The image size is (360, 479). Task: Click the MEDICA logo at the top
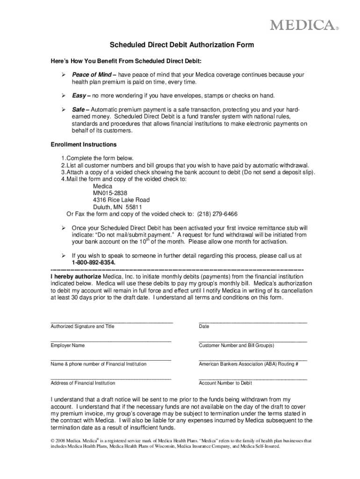coord(302,25)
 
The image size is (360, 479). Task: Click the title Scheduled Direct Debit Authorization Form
coord(182,45)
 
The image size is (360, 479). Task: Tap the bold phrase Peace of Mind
coord(92,75)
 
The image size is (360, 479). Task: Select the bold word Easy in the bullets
coord(79,96)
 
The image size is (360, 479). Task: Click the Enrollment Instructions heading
coord(84,145)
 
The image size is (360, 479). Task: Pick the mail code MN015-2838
coord(110,193)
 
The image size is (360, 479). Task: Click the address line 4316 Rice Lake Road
coord(122,200)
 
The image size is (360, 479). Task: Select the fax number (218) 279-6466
coord(217,214)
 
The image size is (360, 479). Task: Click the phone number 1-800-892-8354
coord(94,263)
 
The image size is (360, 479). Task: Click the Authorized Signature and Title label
coord(82,327)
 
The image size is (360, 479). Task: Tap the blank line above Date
coord(252,322)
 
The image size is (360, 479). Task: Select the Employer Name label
coord(68,345)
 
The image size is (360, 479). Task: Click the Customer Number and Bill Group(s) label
coord(236,345)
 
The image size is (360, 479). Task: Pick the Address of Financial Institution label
coord(83,383)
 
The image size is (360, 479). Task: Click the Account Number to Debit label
coord(225,383)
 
